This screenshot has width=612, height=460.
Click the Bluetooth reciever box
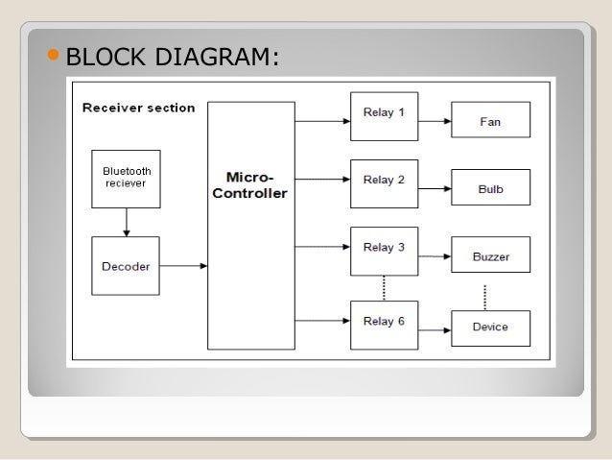[125, 178]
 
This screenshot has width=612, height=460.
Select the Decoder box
[125, 266]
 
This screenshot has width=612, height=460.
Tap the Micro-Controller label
[250, 185]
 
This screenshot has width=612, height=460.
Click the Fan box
[490, 123]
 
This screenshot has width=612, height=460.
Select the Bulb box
[490, 189]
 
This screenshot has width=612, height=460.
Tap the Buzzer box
[490, 257]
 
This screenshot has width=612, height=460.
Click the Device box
[490, 327]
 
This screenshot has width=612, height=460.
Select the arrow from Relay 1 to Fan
[435, 122]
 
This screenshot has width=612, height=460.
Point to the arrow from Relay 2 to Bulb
[435, 189]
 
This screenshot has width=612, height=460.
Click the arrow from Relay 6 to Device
[435, 328]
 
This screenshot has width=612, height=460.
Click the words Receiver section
[139, 108]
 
